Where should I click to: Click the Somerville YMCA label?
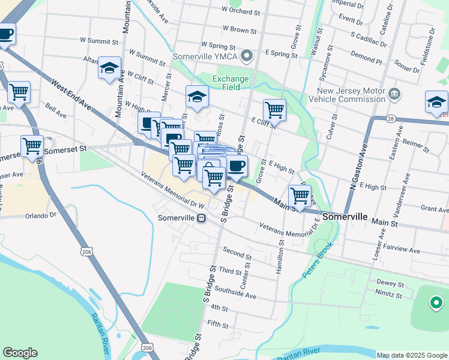(x=205, y=57)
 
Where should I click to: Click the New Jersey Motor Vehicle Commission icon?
(x=394, y=94)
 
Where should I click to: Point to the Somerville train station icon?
(x=202, y=218)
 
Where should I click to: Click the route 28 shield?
(x=391, y=119)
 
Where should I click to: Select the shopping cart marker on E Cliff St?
(x=274, y=110)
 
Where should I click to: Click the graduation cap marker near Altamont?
(x=110, y=68)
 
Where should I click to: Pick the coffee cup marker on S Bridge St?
(x=237, y=166)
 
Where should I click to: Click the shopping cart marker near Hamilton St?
(x=300, y=195)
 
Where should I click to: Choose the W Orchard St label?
(x=240, y=10)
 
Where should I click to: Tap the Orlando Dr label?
(x=41, y=215)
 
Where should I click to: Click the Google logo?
(x=20, y=353)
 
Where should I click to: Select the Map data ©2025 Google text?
(x=411, y=355)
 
